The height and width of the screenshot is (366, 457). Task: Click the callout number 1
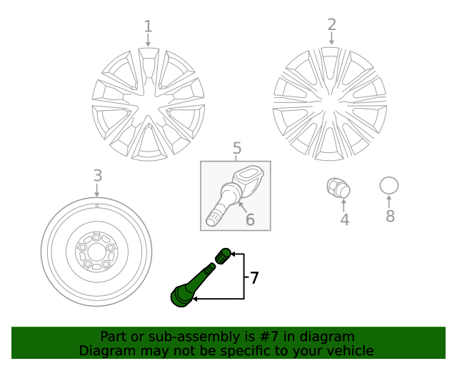coord(148,27)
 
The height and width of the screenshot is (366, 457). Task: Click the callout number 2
coord(331,25)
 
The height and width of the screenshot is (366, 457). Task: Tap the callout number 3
coord(98,176)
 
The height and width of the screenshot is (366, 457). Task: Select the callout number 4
coord(345,220)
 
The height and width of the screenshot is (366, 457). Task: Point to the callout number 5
coord(237,149)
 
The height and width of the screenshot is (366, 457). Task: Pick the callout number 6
coord(250,219)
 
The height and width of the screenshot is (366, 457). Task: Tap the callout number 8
coord(390,216)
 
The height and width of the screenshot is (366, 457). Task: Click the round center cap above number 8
coord(389,186)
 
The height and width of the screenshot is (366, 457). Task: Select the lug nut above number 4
coord(338,188)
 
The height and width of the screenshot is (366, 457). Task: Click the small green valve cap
coord(224,254)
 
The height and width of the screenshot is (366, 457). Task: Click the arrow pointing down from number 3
coord(97,189)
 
